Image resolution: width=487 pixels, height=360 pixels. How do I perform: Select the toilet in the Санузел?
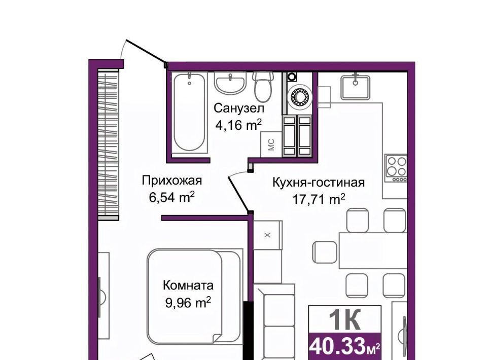click(x=263, y=87)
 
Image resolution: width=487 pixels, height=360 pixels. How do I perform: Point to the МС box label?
click(x=271, y=145)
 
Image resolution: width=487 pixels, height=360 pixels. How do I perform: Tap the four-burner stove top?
click(x=396, y=168)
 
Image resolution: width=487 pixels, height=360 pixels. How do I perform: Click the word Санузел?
click(x=239, y=109)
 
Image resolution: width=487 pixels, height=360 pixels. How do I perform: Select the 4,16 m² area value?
click(x=238, y=125)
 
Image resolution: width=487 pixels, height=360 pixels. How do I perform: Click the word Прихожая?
click(x=172, y=181)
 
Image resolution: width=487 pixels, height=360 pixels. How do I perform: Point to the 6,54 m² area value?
click(x=172, y=197)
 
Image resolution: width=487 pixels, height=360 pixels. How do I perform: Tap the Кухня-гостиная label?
click(x=319, y=182)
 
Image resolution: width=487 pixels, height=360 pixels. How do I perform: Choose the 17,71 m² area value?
click(x=319, y=199)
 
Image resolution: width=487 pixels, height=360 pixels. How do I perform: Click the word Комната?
click(x=188, y=285)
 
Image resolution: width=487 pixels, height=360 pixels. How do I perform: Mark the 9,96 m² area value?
click(x=188, y=302)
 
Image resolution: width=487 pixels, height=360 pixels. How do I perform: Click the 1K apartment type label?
click(x=344, y=319)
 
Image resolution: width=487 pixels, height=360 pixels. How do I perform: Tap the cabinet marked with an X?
click(x=268, y=235)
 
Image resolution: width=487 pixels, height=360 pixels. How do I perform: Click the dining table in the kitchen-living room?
click(x=373, y=250)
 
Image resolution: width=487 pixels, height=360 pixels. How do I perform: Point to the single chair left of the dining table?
click(x=325, y=253)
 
